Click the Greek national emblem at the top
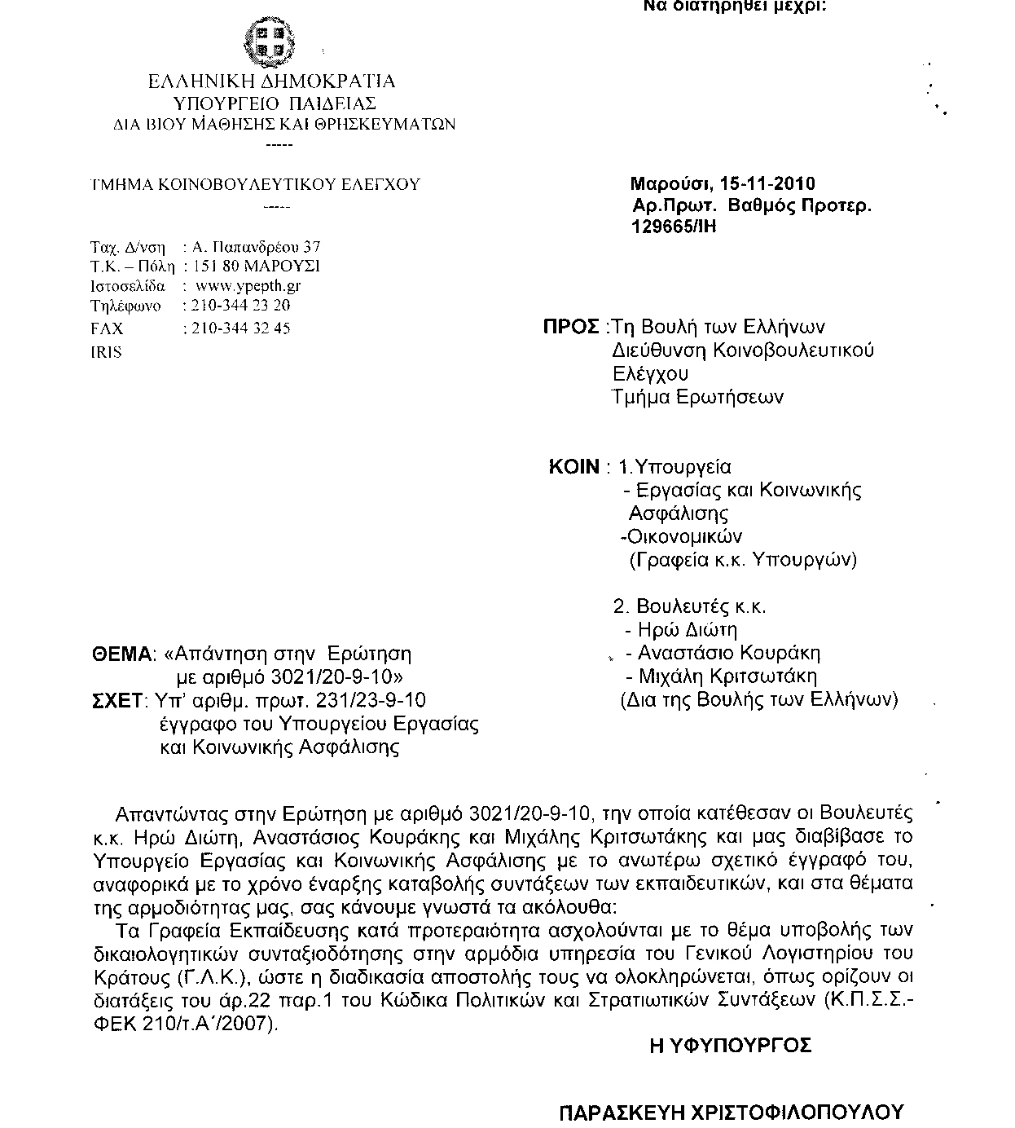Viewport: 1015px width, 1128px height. click(x=270, y=42)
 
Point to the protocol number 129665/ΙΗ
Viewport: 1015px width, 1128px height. click(x=674, y=227)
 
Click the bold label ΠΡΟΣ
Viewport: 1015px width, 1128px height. click(x=572, y=328)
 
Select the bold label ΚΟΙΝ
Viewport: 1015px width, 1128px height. click(x=574, y=468)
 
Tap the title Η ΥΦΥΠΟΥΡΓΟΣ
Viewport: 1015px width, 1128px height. click(x=731, y=1046)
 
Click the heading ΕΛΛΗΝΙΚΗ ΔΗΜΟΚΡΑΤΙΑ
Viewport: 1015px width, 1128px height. click(x=271, y=82)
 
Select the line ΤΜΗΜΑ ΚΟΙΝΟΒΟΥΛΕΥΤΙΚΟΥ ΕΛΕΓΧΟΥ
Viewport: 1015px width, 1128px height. click(x=255, y=185)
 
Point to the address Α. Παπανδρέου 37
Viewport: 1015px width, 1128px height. click(x=256, y=246)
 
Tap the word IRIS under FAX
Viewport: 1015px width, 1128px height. click(x=106, y=352)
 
